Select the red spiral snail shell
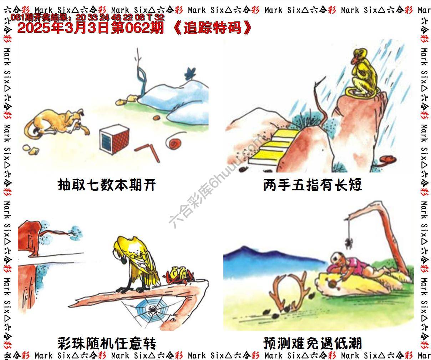coord(175,143)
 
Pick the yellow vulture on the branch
coord(136,264)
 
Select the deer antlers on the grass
coord(289,291)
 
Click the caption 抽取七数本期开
coord(107,185)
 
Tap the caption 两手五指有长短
coord(313,185)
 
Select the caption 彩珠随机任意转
coord(107,344)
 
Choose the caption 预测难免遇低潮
coord(313,344)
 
